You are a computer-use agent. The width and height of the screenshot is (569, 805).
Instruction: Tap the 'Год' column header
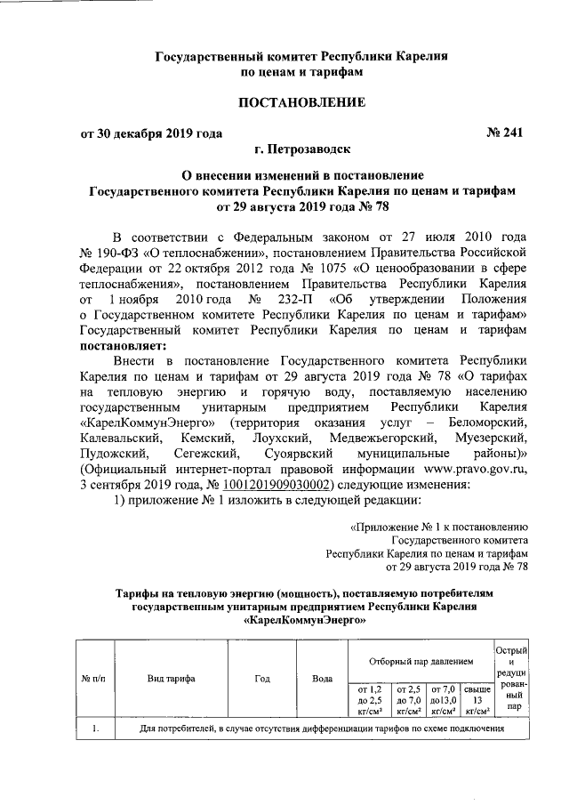262,678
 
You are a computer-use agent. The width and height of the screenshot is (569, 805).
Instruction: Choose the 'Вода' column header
323,678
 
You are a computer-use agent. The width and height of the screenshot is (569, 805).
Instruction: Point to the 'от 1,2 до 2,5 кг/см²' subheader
368,699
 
